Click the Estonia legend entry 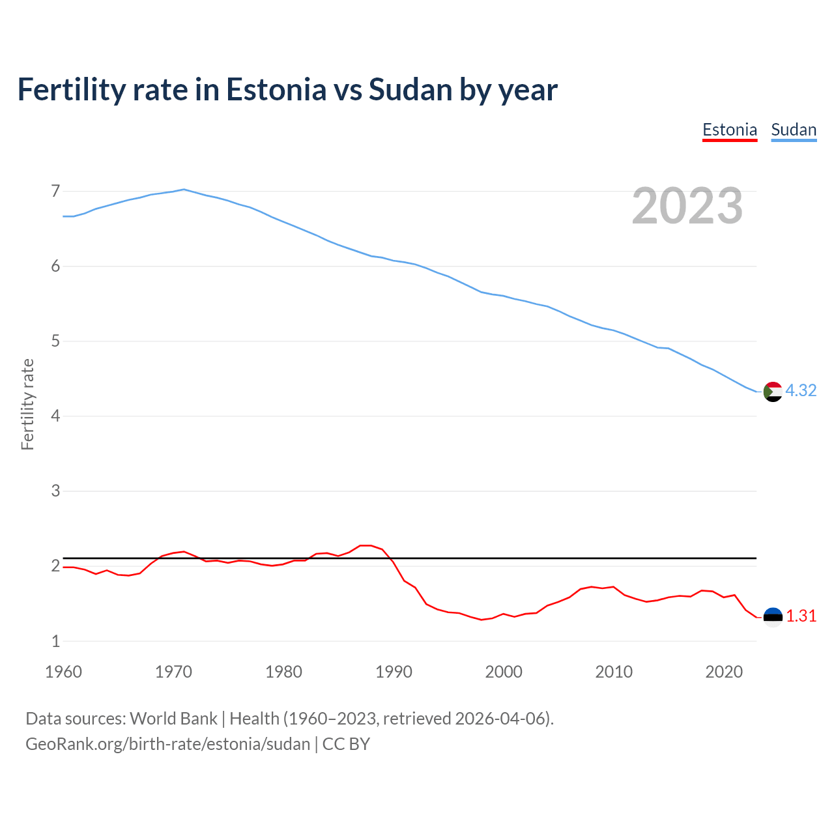click(x=729, y=130)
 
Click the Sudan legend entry click(x=793, y=130)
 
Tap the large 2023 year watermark click(x=687, y=206)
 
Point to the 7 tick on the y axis click(x=55, y=191)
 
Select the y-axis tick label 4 click(x=55, y=416)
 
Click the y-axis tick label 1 click(x=55, y=641)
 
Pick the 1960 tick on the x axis click(x=63, y=672)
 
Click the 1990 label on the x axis click(x=394, y=672)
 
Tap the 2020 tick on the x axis click(x=724, y=672)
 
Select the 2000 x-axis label click(x=504, y=672)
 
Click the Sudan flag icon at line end click(x=772, y=392)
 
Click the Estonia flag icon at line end click(x=772, y=617)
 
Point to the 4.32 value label click(x=801, y=390)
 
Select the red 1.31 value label click(x=801, y=616)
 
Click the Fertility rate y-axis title click(x=27, y=404)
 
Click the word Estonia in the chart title click(x=276, y=89)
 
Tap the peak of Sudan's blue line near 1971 click(x=184, y=189)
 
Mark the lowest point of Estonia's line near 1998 click(x=482, y=620)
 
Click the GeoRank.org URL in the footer click(x=167, y=744)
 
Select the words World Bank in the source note click(x=173, y=719)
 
